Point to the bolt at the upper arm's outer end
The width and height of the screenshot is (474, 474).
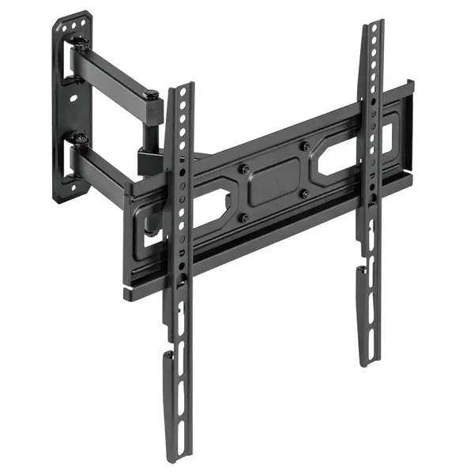tap(151, 96)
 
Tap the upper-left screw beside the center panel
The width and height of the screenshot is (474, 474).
tap(243, 169)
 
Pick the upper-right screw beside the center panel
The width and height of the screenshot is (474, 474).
tap(305, 145)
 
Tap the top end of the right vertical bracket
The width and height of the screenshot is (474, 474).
tap(374, 27)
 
